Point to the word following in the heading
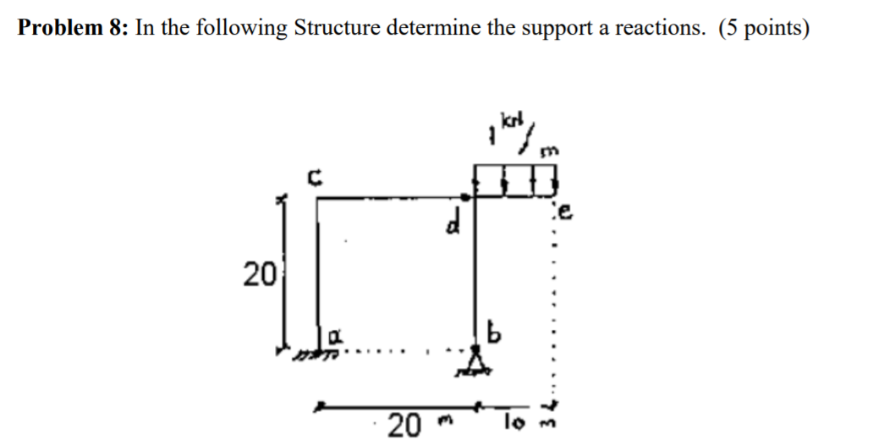coord(243,28)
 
